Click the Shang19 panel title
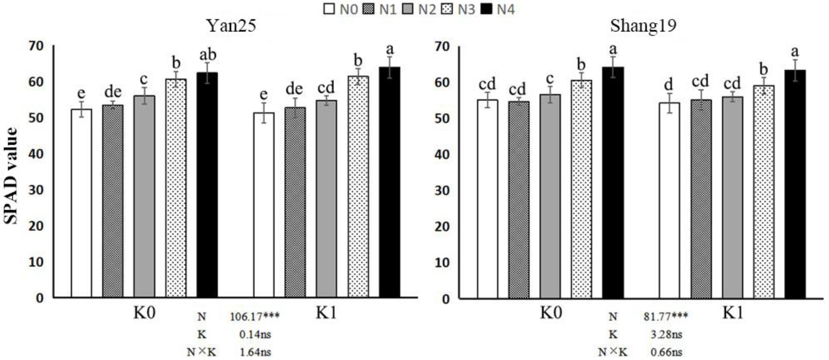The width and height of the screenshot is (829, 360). [x=643, y=26]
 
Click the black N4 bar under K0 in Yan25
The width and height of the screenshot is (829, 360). [x=207, y=185]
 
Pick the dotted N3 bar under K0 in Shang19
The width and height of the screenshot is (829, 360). [x=582, y=189]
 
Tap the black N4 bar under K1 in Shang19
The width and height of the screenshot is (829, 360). [x=795, y=184]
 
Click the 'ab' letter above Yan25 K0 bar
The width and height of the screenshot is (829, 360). [x=208, y=55]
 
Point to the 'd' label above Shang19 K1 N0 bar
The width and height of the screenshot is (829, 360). [x=669, y=85]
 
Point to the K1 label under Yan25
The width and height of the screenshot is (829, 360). [x=326, y=312]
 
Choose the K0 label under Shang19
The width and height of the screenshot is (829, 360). [x=551, y=312]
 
